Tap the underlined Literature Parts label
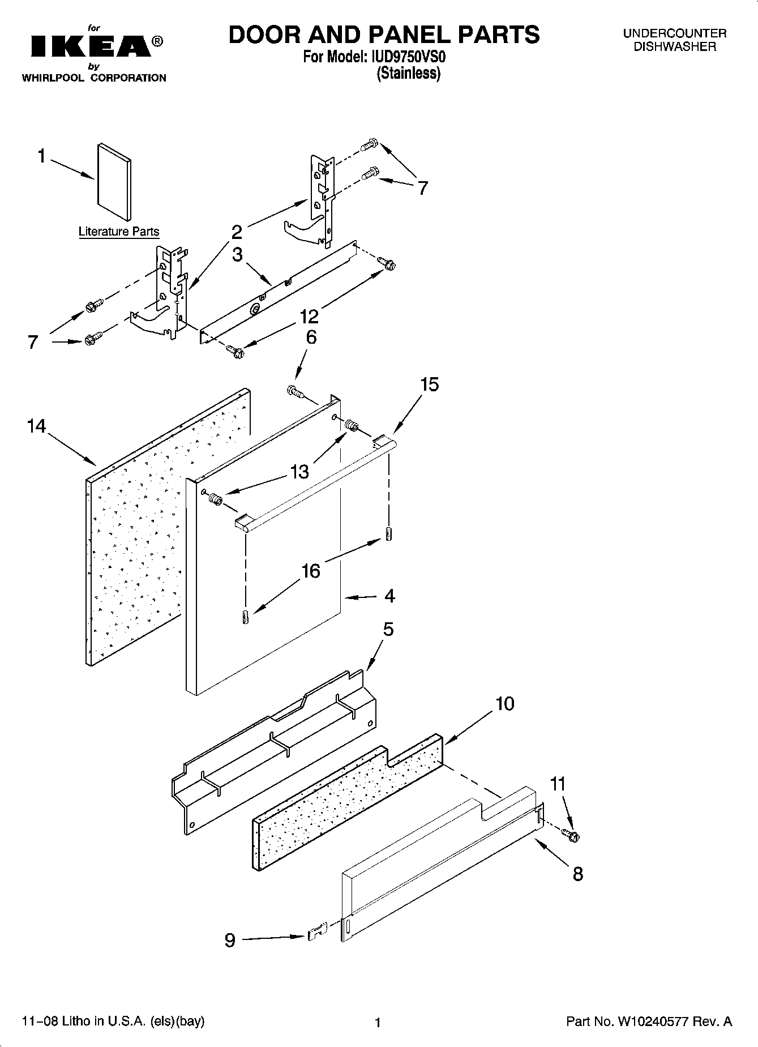coord(119,232)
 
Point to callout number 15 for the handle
coord(430,384)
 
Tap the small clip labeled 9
coord(318,931)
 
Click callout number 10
coord(505,703)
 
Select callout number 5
coord(388,629)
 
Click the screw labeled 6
coord(295,391)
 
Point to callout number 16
coord(311,571)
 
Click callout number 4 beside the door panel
coord(389,596)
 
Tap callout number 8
coord(577,874)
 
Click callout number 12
coord(310,316)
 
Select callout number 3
coord(237,254)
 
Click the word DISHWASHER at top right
coord(674,47)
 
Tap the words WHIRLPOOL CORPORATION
coord(94,78)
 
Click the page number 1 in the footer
coord(378,1023)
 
